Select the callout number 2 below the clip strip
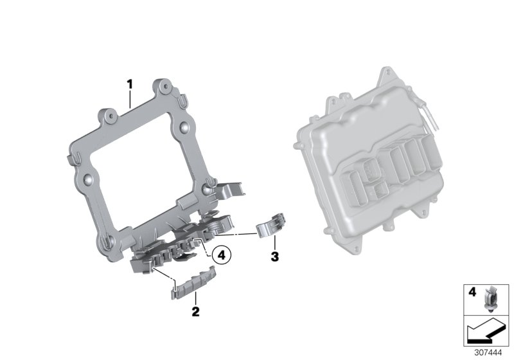point(196,313)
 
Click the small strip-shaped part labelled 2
point(193,284)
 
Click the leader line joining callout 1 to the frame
point(130,97)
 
